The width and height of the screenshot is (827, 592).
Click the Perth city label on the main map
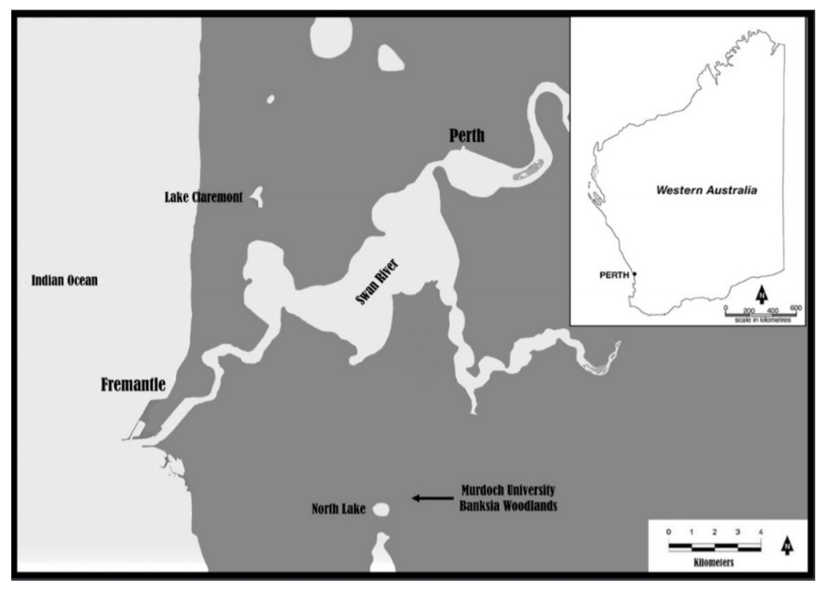[467, 135]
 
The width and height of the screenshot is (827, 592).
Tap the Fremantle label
[133, 385]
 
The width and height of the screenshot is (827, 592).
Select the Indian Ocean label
[64, 280]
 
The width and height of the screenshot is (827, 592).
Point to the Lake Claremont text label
[203, 197]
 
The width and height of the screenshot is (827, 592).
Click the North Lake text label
[338, 509]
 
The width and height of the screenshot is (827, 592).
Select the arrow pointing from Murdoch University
[433, 498]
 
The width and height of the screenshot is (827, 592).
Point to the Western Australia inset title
[707, 190]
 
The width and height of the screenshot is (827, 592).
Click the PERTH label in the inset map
[614, 275]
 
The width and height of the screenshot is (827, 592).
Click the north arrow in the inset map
[761, 295]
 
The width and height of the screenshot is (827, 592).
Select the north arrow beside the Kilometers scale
[787, 546]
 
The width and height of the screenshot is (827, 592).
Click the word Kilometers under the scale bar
[713, 562]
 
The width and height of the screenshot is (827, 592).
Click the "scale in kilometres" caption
[763, 320]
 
